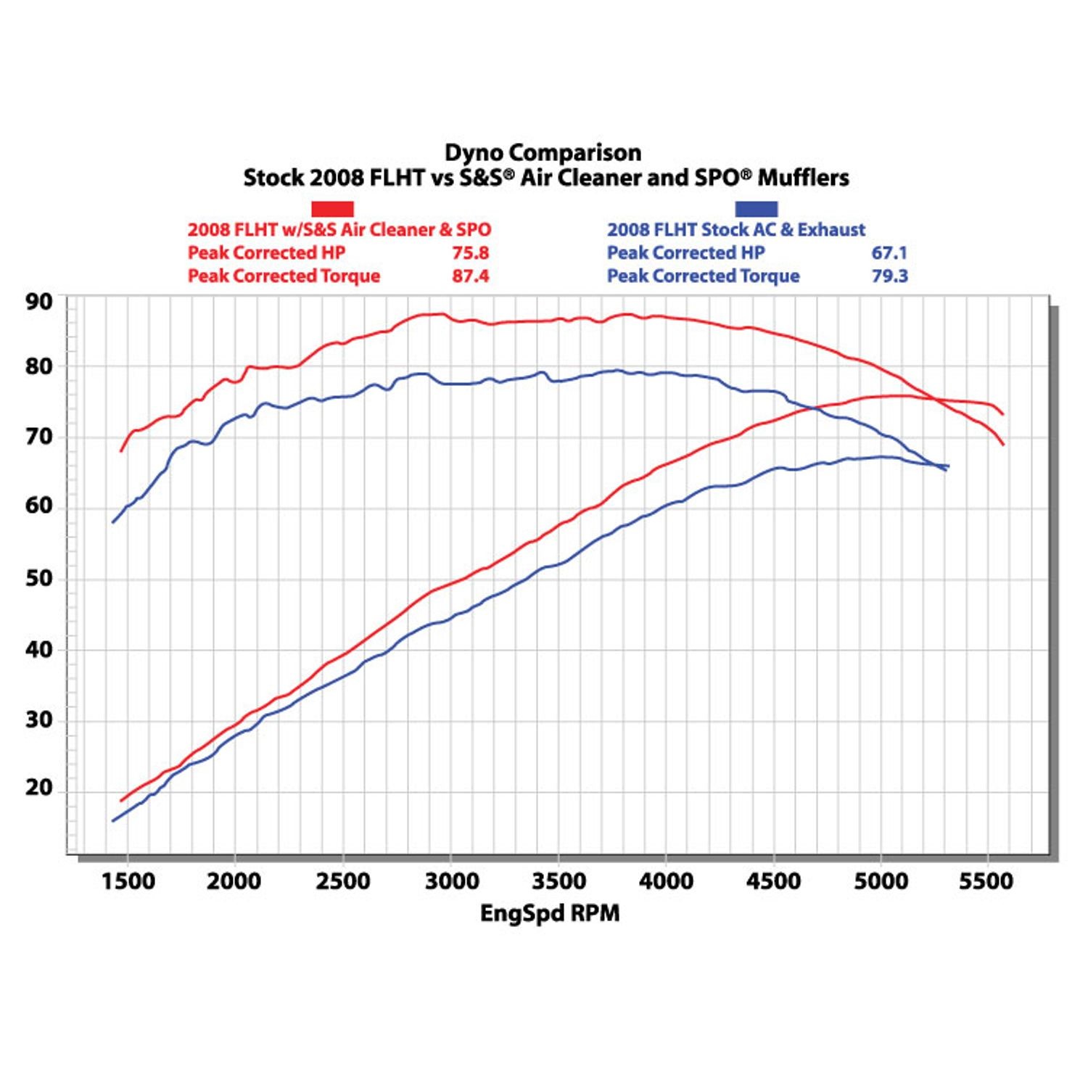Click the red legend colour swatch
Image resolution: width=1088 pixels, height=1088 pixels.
(332, 209)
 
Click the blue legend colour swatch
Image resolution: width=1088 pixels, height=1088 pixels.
(756, 209)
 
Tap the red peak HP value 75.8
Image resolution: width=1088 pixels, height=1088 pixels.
(470, 252)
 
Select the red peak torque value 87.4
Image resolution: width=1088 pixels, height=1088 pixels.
(470, 276)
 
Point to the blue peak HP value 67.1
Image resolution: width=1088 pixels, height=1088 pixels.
(889, 252)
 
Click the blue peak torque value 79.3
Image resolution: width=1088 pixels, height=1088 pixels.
(889, 276)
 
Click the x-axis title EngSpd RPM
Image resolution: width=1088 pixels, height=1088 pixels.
(550, 912)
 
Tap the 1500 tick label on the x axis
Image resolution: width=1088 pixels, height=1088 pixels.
(128, 881)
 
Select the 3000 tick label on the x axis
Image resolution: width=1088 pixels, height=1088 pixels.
(451, 881)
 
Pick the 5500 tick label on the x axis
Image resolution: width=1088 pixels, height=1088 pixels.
(986, 881)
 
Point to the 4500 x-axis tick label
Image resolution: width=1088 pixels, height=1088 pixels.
(773, 881)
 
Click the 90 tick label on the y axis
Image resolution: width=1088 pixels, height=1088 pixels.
(39, 302)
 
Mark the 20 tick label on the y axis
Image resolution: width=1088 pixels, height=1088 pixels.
(39, 787)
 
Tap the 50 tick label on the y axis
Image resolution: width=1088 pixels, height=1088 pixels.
(39, 578)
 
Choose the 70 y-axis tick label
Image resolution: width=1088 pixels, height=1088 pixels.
(39, 437)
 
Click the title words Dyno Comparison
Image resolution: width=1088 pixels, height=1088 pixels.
(543, 152)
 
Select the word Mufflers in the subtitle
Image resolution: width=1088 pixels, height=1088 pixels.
(804, 178)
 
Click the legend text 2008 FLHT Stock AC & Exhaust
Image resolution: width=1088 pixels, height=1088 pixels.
(735, 230)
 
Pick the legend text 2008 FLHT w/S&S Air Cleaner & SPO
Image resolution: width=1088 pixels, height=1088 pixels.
(339, 230)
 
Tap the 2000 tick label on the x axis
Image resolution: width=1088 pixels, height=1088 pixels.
(234, 881)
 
